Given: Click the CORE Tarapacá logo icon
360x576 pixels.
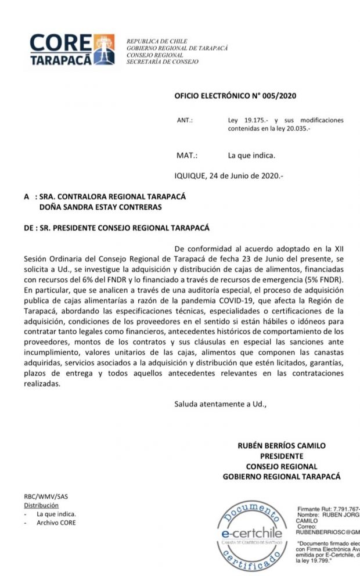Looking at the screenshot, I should point(106,49).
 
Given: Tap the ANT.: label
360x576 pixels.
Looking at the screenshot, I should point(185,120).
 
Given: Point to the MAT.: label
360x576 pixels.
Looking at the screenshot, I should point(187,156).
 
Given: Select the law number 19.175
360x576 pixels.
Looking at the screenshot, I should point(250,120).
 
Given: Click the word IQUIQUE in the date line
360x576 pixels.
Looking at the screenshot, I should point(190,174).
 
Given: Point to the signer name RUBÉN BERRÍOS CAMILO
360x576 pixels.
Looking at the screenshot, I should point(282,446).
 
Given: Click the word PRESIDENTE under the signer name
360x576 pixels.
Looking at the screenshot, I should point(282,456).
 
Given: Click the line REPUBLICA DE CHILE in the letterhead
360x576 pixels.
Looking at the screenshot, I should point(157,41).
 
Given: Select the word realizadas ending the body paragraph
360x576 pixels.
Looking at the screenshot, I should point(42,384).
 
